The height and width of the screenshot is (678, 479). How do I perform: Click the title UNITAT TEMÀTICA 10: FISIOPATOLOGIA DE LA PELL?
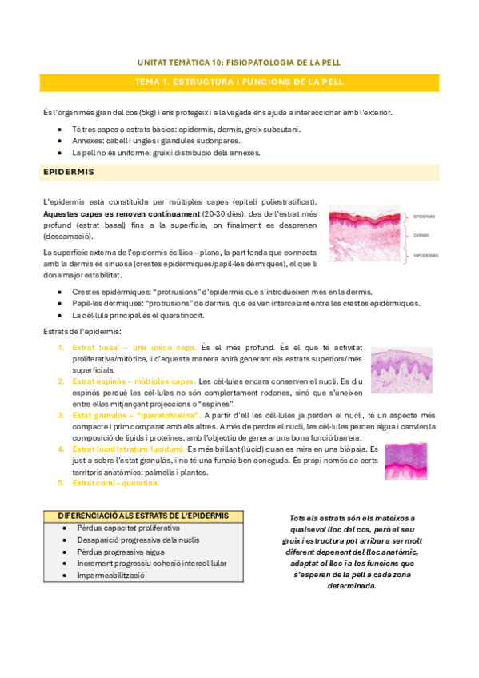coord(239,61)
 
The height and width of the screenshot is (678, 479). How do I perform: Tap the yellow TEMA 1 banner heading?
coord(239,82)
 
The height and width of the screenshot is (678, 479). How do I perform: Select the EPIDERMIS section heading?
coord(69,172)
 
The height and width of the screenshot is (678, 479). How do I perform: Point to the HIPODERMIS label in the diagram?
coord(425,256)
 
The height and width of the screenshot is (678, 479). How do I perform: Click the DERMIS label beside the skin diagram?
coord(421,235)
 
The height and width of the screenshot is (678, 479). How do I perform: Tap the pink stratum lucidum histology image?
coord(409,460)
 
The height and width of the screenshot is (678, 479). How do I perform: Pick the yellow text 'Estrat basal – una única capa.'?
coord(134,348)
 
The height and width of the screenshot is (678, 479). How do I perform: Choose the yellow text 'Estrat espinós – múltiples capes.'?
coord(134,381)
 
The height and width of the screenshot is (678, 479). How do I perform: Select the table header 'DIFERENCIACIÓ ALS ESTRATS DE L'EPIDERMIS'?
coord(143,516)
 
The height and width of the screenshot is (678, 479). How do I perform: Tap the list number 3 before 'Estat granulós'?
coord(61,415)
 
